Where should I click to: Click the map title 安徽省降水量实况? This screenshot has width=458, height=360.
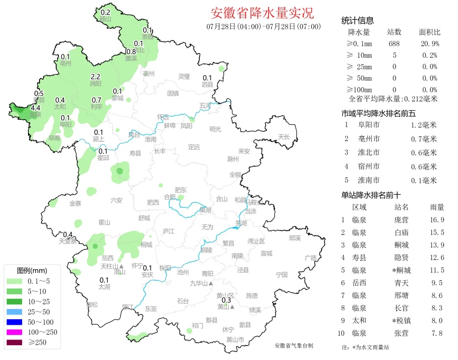point(262,13)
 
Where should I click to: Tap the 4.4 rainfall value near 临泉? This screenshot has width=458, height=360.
point(36,108)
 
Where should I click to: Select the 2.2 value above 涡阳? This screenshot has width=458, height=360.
point(96,77)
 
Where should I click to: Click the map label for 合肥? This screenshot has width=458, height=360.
point(170,197)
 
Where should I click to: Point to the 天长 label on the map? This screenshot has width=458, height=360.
point(284,136)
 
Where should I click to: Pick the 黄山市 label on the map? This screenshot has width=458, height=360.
point(235,339)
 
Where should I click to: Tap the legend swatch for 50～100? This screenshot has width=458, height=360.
point(16,322)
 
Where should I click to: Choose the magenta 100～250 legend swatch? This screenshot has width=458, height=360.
point(16,332)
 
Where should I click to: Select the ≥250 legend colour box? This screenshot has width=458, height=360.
point(16,342)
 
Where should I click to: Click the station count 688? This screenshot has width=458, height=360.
point(394,44)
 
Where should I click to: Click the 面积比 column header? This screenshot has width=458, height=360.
point(430,32)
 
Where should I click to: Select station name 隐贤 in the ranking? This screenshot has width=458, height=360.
point(401,258)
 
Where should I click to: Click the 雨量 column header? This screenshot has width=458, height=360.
point(437,207)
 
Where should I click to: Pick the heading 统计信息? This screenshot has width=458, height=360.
point(357,21)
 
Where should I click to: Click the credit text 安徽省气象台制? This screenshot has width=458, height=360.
point(293,346)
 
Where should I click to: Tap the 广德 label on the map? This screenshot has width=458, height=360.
point(310,258)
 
